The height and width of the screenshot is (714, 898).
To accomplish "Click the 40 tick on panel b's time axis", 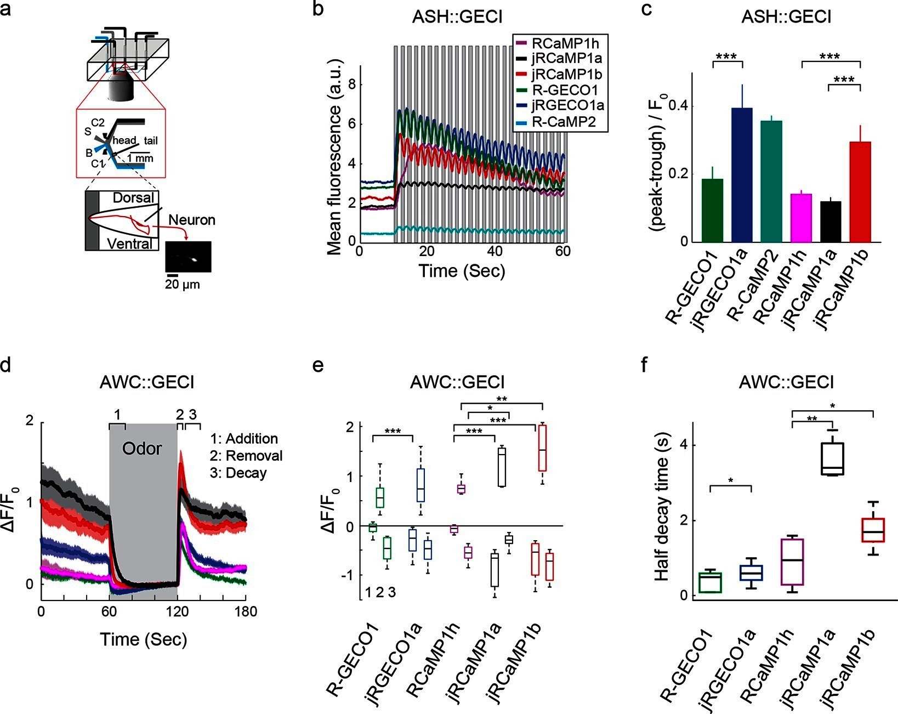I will tap(495, 251).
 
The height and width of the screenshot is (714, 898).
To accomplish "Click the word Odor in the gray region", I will tap(142, 449).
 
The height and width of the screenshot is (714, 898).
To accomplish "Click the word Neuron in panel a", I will tap(191, 220).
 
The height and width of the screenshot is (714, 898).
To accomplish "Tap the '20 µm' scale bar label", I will tap(183, 285).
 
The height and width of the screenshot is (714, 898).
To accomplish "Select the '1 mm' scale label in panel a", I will tap(140, 158).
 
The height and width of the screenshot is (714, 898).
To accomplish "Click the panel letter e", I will tap(317, 366).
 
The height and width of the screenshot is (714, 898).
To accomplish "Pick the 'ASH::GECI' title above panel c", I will tap(786, 17).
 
